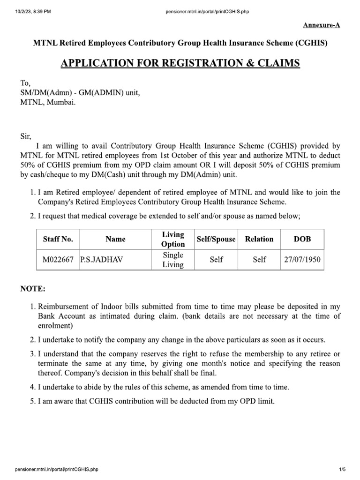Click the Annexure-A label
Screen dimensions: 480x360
321,25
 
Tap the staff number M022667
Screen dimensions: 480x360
58,259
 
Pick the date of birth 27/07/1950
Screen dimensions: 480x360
302,259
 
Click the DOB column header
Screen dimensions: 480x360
302,239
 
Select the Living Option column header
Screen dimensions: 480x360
173,239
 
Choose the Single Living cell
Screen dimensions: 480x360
173,259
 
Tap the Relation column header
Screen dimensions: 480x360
259,239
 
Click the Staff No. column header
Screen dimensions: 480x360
58,239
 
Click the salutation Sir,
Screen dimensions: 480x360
25,137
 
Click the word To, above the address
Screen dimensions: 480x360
25,83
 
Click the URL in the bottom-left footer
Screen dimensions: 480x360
57,469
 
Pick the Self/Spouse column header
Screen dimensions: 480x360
216,239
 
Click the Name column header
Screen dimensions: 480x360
115,239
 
